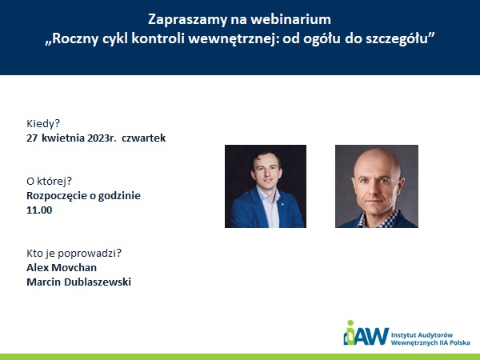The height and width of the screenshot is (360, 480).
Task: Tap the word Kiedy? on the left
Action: pos(43,124)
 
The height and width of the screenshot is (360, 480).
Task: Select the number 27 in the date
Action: pos(32,138)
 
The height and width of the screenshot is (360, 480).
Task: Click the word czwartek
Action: pos(143,138)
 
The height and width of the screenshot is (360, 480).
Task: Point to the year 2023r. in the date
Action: pos(102,138)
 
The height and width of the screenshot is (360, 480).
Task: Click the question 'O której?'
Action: pos(50,182)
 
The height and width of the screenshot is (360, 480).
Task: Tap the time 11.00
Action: pos(39,210)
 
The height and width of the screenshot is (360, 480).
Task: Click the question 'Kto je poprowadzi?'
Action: pos(74,254)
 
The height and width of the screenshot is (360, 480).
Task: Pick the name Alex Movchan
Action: pos(62,267)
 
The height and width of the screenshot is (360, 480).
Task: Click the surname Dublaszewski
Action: pos(98,282)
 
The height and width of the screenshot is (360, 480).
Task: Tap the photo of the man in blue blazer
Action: pos(266,186)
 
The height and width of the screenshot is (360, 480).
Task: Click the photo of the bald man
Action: pos(377,186)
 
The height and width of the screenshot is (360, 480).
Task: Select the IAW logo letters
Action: pos(366,336)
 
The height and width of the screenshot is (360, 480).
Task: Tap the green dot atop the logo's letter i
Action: pos(350,323)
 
